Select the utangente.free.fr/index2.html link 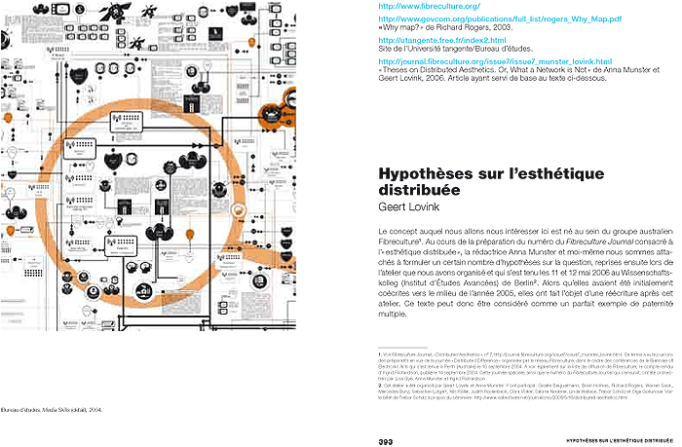coord(439,40)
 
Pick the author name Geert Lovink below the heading coord(406,207)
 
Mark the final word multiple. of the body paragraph coord(396,316)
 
